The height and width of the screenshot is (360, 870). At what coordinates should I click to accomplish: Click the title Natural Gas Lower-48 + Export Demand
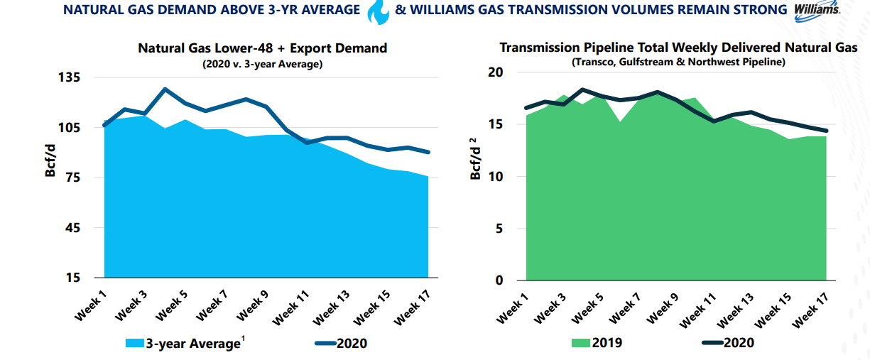click(x=262, y=48)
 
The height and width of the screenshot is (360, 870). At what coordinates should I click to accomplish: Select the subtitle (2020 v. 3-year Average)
click(x=262, y=64)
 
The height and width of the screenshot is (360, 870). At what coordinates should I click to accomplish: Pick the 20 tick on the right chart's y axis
click(x=496, y=72)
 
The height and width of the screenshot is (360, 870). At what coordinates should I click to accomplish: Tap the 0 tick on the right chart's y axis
click(x=499, y=280)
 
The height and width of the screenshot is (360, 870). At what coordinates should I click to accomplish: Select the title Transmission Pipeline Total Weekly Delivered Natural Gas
click(x=678, y=48)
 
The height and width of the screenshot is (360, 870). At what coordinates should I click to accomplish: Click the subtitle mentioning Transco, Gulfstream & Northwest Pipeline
click(x=678, y=62)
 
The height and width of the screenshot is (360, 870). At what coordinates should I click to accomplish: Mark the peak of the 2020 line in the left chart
click(x=165, y=89)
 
